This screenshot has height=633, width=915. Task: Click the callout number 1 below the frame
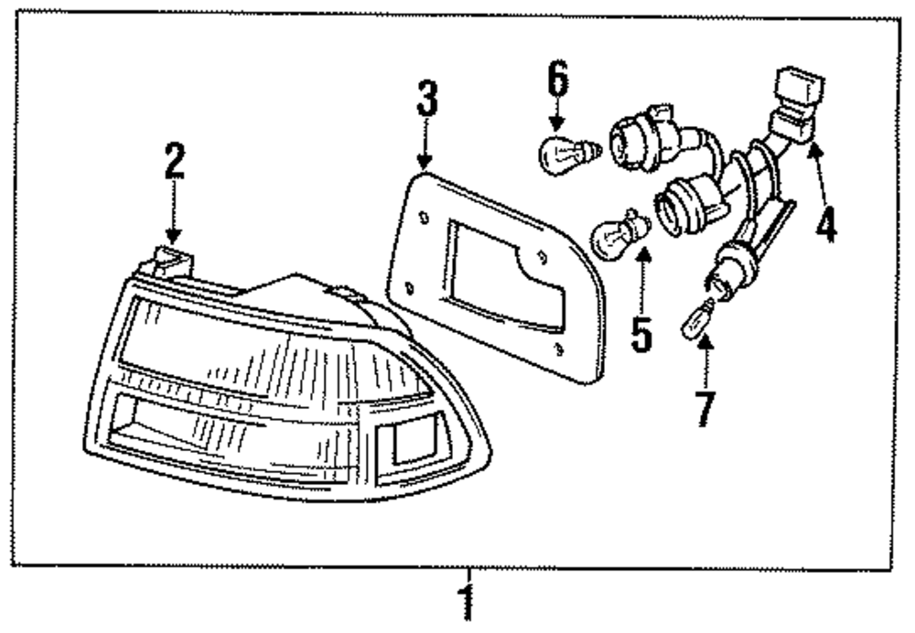(x=468, y=604)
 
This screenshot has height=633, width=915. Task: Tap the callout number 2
(x=174, y=162)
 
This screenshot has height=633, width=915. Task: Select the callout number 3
(x=426, y=99)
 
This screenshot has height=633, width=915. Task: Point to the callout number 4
(x=826, y=223)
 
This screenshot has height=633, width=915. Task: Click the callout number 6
(x=558, y=80)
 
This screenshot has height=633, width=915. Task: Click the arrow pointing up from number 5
(x=642, y=279)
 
